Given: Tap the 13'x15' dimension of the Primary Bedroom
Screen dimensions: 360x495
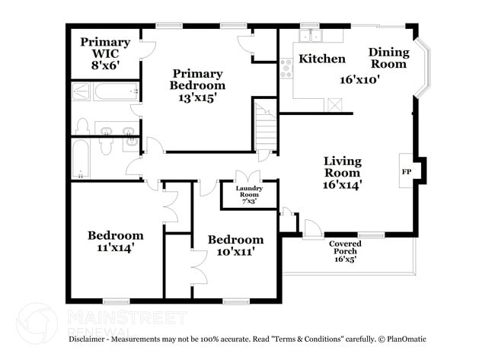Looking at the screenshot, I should (x=196, y=98).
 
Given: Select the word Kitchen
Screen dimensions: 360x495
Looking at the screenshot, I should (x=321, y=59).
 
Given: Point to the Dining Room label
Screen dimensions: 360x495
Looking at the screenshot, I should (x=389, y=58).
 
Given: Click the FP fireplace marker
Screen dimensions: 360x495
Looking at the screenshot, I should (x=406, y=172).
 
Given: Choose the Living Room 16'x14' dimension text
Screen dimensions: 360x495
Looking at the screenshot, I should (x=343, y=183).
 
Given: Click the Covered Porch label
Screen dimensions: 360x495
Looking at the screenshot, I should (x=345, y=247).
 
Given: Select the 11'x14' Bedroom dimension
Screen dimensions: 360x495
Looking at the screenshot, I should (x=115, y=248).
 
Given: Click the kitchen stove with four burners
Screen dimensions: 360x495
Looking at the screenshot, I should (x=287, y=69).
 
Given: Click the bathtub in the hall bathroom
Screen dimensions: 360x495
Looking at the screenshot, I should (x=81, y=159).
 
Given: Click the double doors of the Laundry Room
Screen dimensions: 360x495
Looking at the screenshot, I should (x=242, y=177).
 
